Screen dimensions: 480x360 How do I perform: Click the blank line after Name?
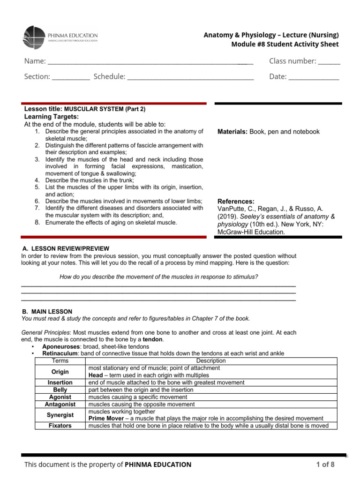coord(150,62)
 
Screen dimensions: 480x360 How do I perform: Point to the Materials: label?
coord(232,132)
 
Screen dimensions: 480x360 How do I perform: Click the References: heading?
coord(236,201)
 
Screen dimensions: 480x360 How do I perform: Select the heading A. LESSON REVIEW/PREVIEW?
coord(66,248)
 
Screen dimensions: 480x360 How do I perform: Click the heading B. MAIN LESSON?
coord(47,311)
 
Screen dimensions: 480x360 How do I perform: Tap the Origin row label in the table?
coord(60,372)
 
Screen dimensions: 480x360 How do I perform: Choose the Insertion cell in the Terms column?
coord(60,382)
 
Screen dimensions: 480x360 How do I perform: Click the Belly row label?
coord(60,390)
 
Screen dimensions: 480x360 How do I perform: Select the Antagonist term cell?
coord(60,404)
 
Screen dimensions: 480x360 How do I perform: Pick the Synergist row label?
coord(60,415)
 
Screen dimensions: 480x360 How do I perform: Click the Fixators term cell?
coord(60,426)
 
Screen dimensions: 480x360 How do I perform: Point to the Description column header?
coord(211,361)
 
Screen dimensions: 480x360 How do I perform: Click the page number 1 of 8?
coord(325,465)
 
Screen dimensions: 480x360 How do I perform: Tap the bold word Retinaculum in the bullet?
coord(61,353)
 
